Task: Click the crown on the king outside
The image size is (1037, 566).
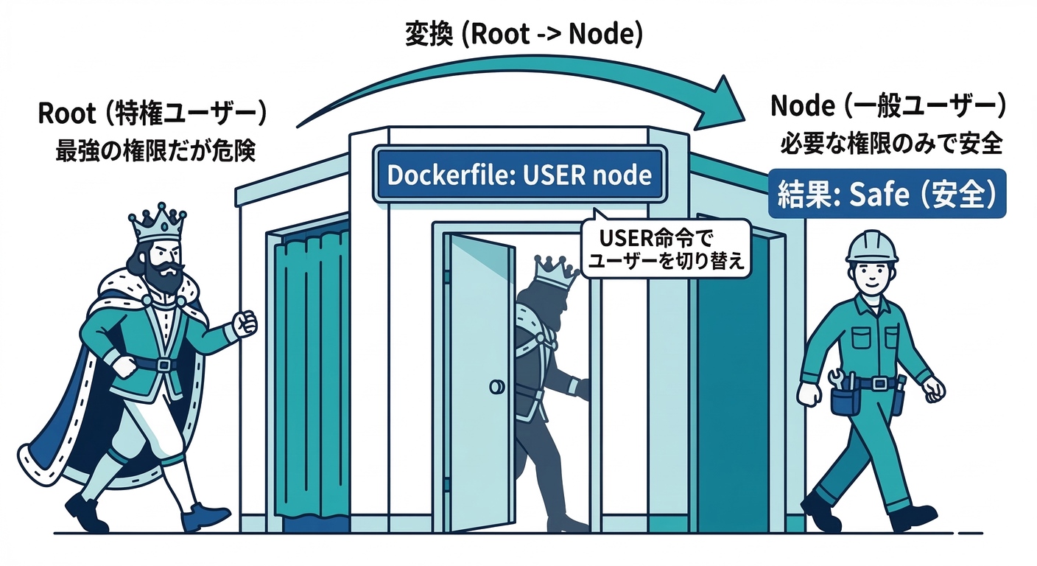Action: (156, 223)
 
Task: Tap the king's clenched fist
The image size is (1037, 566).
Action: (244, 323)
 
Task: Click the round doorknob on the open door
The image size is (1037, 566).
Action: (497, 385)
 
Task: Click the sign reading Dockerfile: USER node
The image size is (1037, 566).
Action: (520, 175)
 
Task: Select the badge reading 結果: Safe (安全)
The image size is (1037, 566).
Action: (887, 195)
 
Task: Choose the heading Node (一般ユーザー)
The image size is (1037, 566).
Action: (888, 106)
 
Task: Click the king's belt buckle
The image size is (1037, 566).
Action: (164, 365)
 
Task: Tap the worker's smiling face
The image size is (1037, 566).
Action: (873, 276)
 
